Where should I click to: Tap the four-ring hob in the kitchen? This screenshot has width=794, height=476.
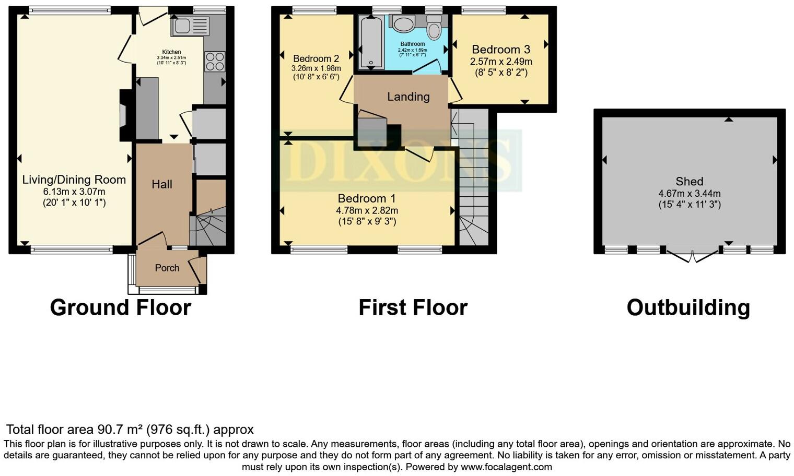pos(215,61)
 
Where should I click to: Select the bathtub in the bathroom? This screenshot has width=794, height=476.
pos(371,42)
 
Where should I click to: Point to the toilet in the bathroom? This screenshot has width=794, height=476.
pos(434,28)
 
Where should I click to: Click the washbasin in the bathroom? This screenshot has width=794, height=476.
pos(403,23)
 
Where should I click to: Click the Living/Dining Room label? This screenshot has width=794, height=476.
pos(74,180)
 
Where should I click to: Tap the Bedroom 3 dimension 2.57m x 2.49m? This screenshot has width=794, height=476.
pos(501,62)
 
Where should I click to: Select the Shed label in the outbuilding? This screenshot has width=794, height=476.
pos(689,181)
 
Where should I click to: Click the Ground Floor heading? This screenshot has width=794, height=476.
pos(120,307)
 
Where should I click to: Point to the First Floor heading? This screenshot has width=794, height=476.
pos(413,307)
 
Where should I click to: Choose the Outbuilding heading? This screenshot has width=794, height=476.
pos(688,307)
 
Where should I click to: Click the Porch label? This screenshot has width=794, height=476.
pos(167,268)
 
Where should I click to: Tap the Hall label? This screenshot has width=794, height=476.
pos(162,184)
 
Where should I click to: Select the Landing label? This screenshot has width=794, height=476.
pos(408,97)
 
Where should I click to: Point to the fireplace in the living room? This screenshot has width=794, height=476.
pos(124,115)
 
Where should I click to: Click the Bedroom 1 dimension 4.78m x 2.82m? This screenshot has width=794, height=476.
pos(367,210)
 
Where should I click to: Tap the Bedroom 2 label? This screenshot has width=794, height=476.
pos(316,58)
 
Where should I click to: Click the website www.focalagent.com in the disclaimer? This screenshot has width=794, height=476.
pos(506,467)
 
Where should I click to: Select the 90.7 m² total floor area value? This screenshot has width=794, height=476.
pos(120,430)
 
